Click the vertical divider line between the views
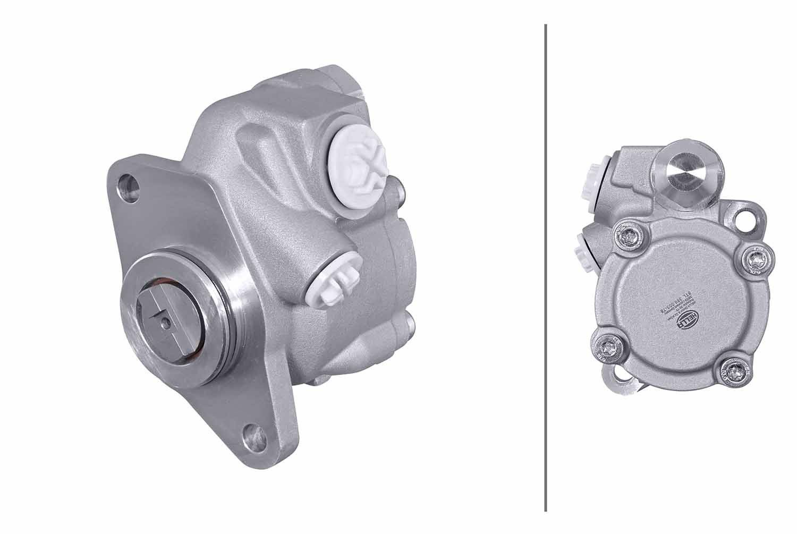coord(546,266)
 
